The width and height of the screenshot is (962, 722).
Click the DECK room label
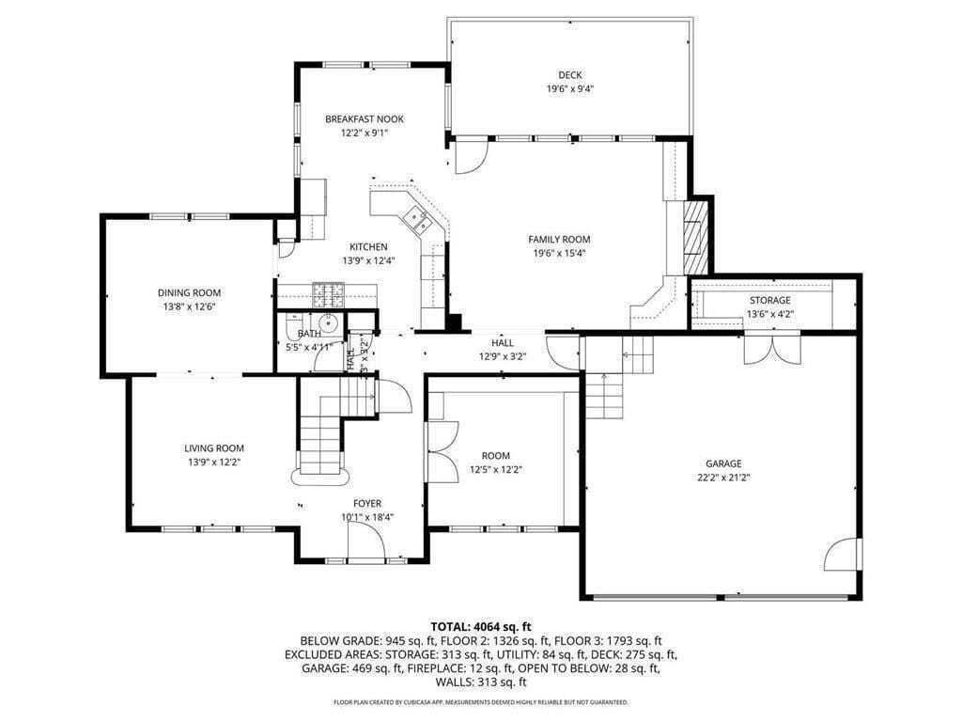570,75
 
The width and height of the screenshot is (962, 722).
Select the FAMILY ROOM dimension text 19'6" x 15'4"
559,253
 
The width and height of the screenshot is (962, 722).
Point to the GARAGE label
723,463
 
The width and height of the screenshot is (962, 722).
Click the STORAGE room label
768,301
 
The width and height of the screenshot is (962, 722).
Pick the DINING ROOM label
189,293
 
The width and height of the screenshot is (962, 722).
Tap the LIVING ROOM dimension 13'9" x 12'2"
213,462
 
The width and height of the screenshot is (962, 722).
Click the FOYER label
367,504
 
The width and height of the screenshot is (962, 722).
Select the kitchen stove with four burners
329,294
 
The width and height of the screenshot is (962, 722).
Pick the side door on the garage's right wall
846,553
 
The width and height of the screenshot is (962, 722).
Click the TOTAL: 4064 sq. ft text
481,626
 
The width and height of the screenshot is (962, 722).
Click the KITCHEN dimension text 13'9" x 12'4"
368,260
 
